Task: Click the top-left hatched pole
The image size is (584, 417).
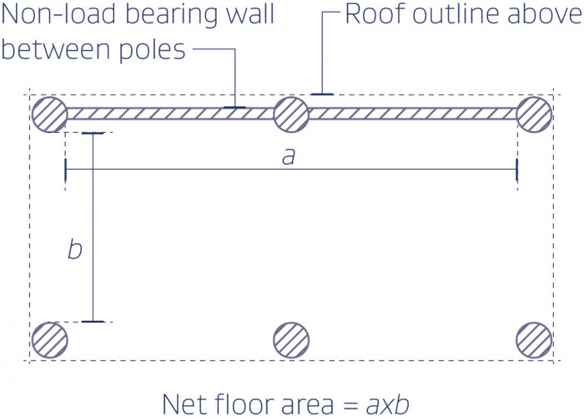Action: [x=49, y=114]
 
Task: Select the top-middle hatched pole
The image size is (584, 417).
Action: [x=291, y=114]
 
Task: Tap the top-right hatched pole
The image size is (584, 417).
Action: [x=534, y=114]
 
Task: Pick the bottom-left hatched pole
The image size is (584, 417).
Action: [x=49, y=340]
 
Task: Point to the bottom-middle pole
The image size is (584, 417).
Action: [x=291, y=340]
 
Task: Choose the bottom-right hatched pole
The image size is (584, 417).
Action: [x=534, y=340]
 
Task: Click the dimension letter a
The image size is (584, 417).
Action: [x=289, y=156]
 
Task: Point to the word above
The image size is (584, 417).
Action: [x=546, y=14]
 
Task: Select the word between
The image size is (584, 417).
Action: [x=57, y=50]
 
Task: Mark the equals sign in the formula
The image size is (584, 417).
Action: [x=350, y=405]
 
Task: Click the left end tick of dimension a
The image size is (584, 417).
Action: [x=66, y=170]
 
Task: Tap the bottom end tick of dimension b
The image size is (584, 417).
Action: [x=93, y=321]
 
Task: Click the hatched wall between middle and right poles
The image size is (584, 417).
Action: [x=413, y=114]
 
